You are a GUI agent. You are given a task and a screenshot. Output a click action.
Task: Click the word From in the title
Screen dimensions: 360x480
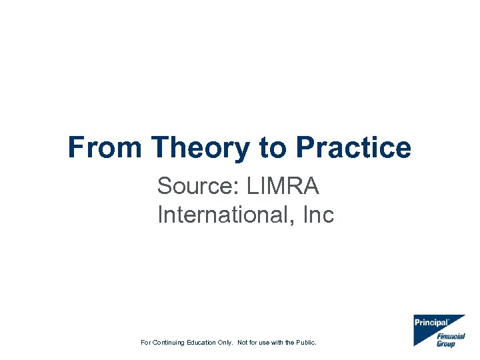tap(105, 147)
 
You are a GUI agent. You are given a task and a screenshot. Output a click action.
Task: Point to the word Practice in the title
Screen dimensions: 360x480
tap(353, 147)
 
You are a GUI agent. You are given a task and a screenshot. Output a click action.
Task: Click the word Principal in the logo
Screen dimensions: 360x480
tap(430, 323)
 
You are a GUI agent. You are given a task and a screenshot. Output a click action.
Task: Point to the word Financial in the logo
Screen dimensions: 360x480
tap(451, 337)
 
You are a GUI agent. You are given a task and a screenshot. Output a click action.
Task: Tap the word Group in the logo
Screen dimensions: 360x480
tap(446, 344)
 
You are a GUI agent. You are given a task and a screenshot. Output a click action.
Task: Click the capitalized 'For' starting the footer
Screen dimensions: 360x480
tap(146, 343)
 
